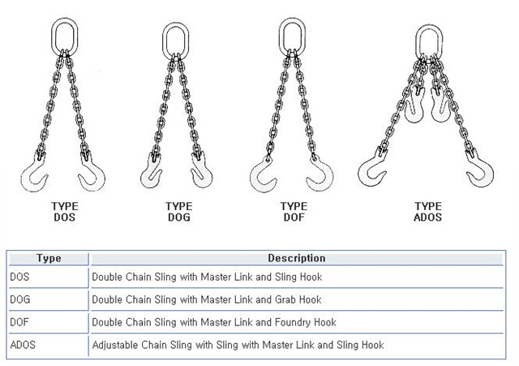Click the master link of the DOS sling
53,37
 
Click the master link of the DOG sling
164,41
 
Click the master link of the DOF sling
281,37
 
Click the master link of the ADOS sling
418,43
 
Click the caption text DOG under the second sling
179,217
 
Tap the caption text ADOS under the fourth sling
427,217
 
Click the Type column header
49,258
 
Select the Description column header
297,258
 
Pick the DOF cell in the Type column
19,322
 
